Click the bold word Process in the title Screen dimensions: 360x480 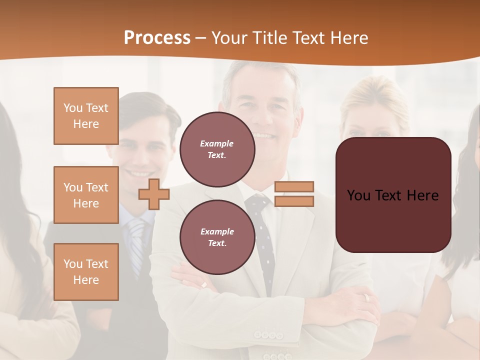click(157, 38)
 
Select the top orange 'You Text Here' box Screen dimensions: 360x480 click(86, 116)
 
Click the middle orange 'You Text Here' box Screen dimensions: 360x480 click(86, 195)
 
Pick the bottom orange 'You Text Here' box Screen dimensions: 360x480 click(86, 272)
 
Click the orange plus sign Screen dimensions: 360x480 click(154, 194)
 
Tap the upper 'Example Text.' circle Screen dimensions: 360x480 click(217, 149)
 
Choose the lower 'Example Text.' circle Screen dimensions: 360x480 click(217, 237)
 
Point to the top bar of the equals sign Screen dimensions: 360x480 click(294, 186)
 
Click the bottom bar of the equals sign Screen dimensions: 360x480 click(294, 201)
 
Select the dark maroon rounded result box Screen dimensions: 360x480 click(393, 194)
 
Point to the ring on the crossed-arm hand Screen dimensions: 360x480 click(367, 297)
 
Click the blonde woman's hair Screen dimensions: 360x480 click(372, 97)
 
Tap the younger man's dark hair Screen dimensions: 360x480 click(150, 107)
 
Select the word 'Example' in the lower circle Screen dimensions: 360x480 click(217, 231)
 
